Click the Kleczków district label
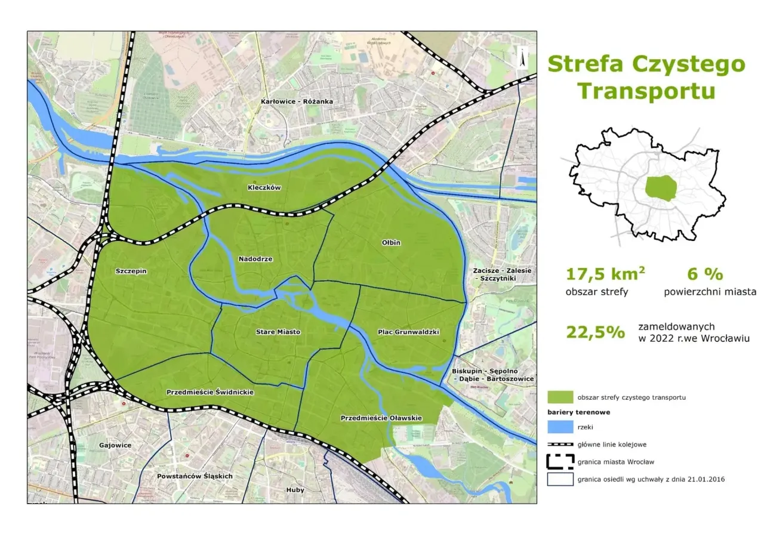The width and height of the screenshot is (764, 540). (264, 187)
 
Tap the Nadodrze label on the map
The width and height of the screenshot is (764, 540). (255, 259)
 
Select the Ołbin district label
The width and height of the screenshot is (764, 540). (391, 243)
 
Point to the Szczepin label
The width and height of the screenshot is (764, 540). (131, 271)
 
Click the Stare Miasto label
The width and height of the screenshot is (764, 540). (278, 332)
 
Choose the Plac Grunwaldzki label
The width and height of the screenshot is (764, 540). (409, 332)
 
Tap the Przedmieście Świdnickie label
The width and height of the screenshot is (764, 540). (210, 393)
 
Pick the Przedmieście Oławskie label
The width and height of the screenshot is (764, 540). (381, 418)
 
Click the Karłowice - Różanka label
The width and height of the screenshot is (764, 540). (297, 101)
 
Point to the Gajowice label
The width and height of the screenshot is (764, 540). (116, 445)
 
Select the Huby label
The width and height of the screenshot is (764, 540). (295, 490)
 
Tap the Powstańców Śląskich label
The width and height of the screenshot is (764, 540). (195, 476)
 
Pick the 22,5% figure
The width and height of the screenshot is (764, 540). (595, 332)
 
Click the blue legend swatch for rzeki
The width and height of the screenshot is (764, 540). (560, 427)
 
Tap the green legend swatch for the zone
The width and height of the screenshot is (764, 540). (560, 397)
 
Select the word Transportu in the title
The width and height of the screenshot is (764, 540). (646, 91)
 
